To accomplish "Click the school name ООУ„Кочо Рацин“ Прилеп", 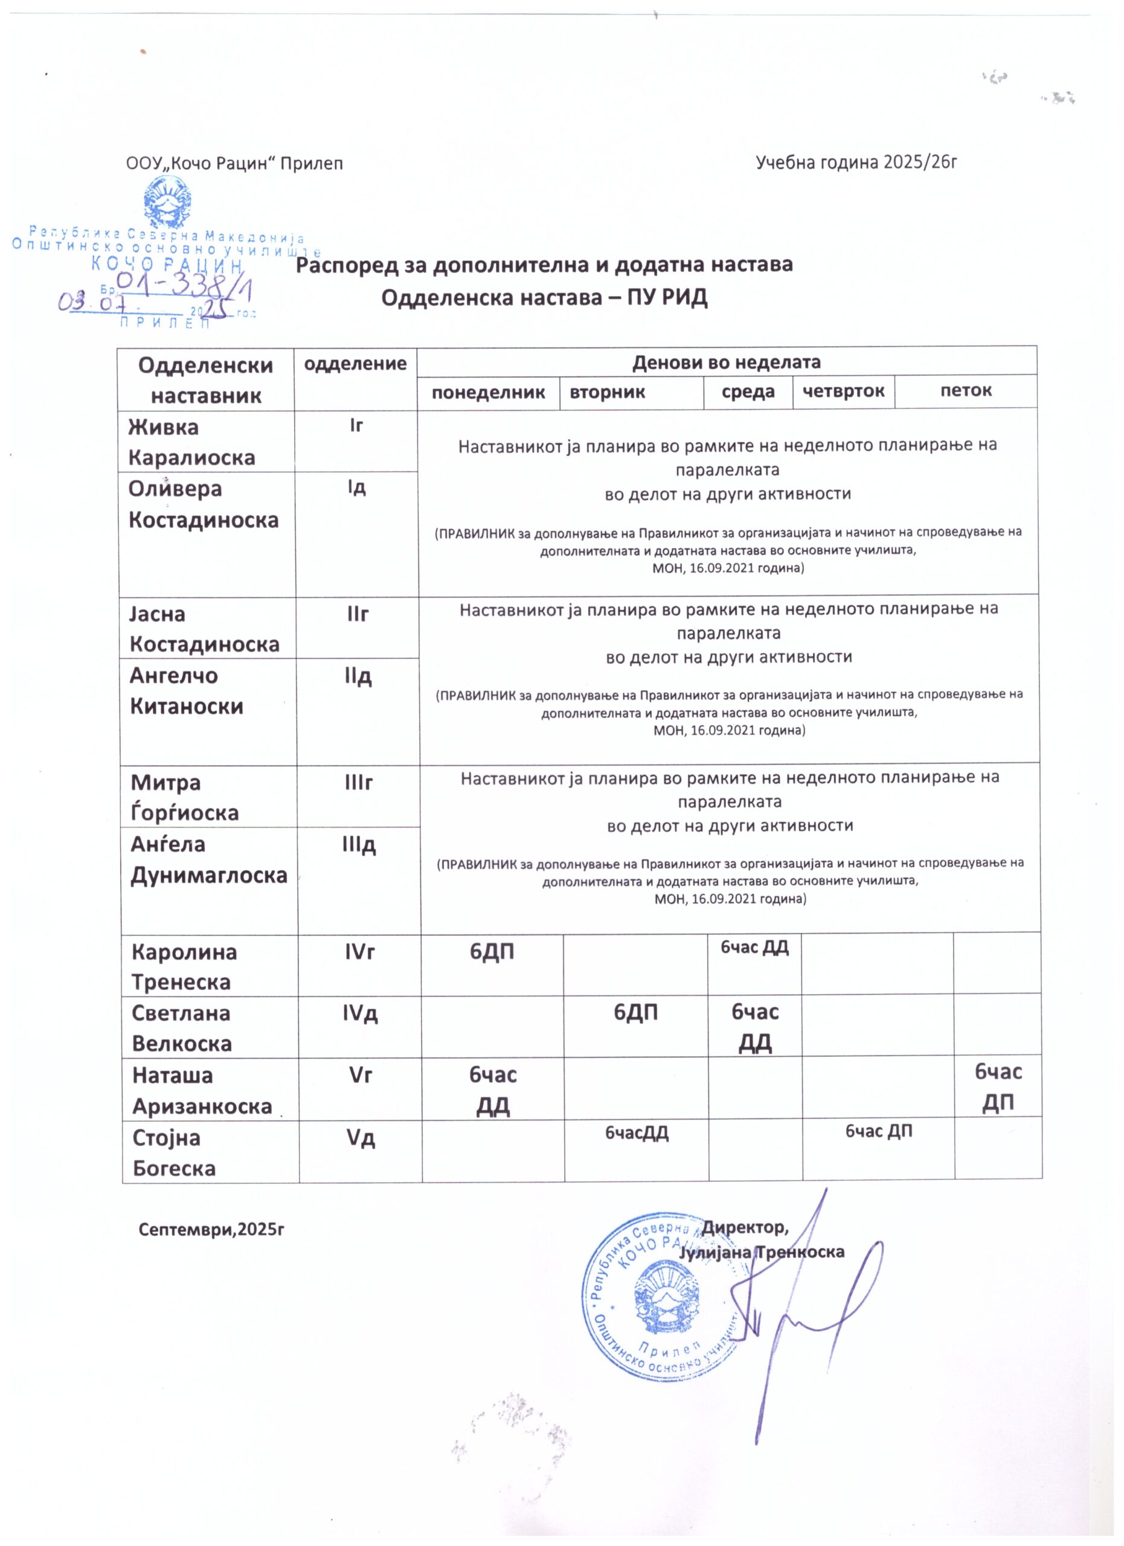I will click(234, 164).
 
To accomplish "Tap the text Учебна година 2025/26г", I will click(857, 162).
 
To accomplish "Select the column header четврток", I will click(843, 391).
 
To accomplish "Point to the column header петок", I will click(966, 391).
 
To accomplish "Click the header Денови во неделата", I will click(726, 362).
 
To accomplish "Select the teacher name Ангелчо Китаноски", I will click(187, 690).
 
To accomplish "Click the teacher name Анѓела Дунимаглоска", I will click(208, 859).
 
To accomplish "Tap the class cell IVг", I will click(360, 952).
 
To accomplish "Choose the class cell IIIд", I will click(359, 845).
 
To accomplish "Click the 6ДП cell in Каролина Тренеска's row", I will click(492, 952).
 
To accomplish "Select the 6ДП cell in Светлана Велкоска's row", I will click(636, 1013).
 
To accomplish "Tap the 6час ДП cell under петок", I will click(998, 1087).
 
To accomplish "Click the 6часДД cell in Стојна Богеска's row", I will click(637, 1134).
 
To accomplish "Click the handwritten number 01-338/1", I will click(184, 287).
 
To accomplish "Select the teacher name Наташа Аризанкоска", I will click(202, 1091).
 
